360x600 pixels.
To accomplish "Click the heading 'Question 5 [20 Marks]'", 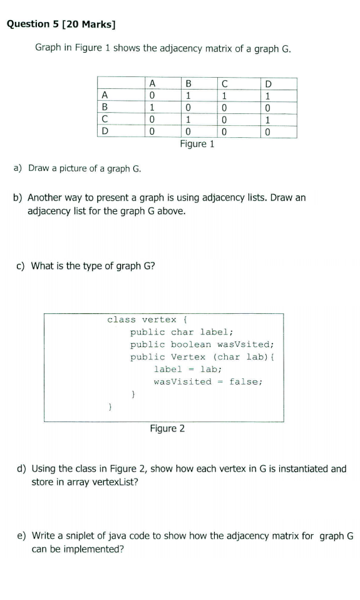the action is (61, 24).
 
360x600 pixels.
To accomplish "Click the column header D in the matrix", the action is (269, 84).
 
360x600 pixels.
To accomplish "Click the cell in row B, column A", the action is (152, 107).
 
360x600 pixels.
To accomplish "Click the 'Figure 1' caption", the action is (197, 144).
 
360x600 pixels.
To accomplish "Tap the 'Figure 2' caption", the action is (167, 428).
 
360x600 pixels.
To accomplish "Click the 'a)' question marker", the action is (18, 168).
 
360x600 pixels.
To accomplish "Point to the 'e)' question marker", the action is (22, 536).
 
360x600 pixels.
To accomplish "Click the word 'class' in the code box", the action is (121, 319).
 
